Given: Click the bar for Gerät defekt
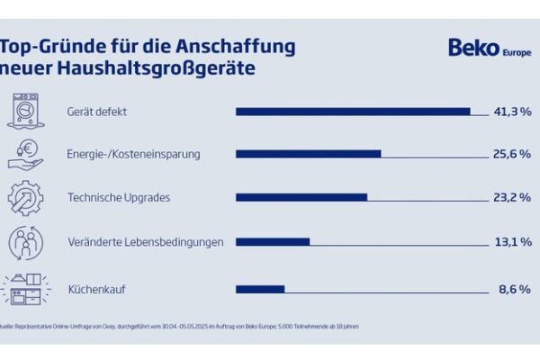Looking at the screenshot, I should click(x=353, y=111).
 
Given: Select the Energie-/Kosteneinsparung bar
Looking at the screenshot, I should click(x=308, y=154).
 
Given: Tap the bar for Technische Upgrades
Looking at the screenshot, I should click(x=301, y=197).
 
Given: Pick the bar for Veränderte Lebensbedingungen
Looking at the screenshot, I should click(x=273, y=240).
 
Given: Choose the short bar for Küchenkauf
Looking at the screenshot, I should click(x=260, y=289).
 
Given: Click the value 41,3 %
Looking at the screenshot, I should click(x=512, y=111).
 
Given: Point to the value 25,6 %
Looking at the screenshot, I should click(x=512, y=154).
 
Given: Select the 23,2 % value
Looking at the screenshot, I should click(x=512, y=197).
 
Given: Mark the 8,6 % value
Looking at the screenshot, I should click(x=515, y=289).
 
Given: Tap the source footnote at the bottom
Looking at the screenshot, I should click(x=180, y=327).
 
